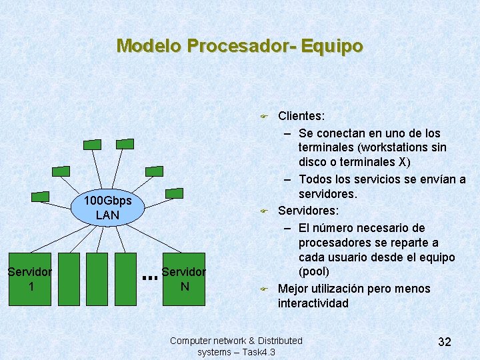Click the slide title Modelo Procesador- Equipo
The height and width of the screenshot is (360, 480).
tap(240, 46)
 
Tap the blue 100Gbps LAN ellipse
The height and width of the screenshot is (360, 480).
tap(107, 208)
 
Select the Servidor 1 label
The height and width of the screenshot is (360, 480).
tap(30, 279)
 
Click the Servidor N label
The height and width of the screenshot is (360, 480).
tap(183, 279)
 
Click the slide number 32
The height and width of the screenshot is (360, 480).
tap(445, 341)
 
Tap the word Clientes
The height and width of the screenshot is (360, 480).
tap(301, 117)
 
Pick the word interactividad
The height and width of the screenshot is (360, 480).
tap(313, 303)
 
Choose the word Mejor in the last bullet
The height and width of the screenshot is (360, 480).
tap(293, 289)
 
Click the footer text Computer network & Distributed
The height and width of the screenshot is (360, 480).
tap(236, 341)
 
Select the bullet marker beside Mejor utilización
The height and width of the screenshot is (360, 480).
tap(263, 289)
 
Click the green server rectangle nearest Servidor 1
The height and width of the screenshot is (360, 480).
tap(69, 279)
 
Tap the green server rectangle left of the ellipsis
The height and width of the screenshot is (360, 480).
tap(127, 279)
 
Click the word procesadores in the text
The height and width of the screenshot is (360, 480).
tap(330, 243)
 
